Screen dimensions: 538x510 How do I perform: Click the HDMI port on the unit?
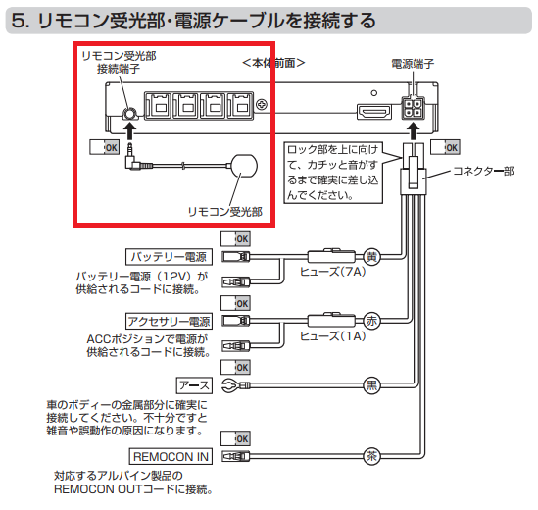pyautogui.click(x=374, y=112)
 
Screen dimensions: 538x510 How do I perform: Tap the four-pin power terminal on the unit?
pyautogui.click(x=413, y=108)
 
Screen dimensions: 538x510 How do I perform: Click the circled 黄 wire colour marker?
pyautogui.click(x=372, y=257)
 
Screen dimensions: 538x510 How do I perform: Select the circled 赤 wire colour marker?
pyautogui.click(x=372, y=321)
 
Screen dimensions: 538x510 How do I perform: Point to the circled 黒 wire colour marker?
pyautogui.click(x=372, y=385)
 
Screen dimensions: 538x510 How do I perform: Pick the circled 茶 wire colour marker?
pyautogui.click(x=372, y=456)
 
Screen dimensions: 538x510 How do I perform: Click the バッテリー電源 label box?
pyautogui.click(x=169, y=257)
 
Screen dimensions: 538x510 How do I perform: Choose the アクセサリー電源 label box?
pyautogui.click(x=169, y=321)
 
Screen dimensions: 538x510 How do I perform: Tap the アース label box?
pyautogui.click(x=194, y=385)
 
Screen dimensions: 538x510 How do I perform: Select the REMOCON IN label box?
pyautogui.click(x=171, y=456)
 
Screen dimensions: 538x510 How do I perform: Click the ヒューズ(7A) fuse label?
pyautogui.click(x=332, y=272)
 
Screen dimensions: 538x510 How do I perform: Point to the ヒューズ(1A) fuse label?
pyautogui.click(x=332, y=336)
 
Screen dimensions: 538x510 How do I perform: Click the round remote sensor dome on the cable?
pyautogui.click(x=244, y=166)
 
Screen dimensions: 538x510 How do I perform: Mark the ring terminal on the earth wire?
pyautogui.click(x=230, y=385)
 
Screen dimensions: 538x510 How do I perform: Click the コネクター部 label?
pyautogui.click(x=483, y=171)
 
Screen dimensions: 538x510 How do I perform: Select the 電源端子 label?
pyautogui.click(x=413, y=64)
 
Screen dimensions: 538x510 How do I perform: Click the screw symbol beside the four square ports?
pyautogui.click(x=262, y=105)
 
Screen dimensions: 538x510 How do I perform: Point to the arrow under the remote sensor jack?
pyautogui.click(x=129, y=131)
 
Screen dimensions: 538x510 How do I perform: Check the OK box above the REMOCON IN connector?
pyautogui.click(x=235, y=438)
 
